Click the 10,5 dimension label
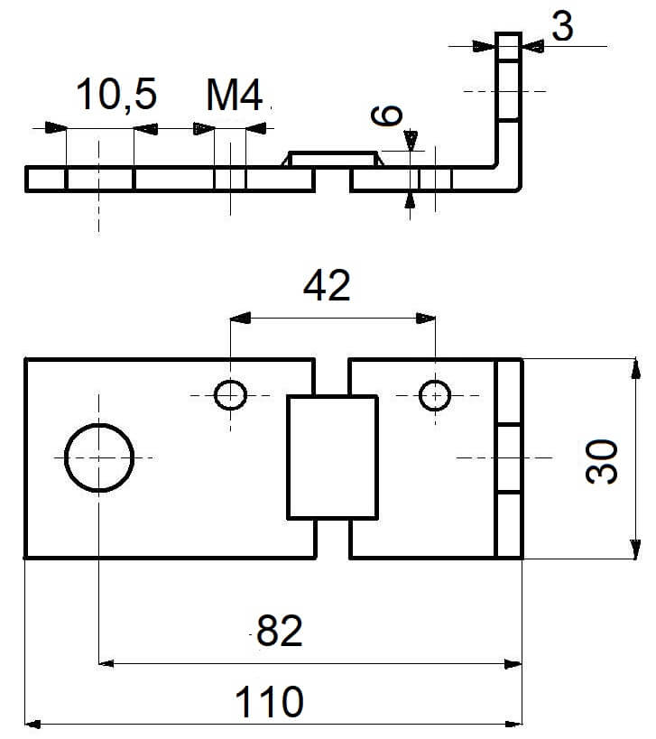click(x=116, y=96)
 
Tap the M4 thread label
click(x=235, y=96)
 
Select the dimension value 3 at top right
click(x=562, y=26)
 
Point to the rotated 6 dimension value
click(x=386, y=115)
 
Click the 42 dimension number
click(x=327, y=286)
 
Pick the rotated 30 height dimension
click(x=601, y=461)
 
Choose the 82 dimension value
click(x=280, y=631)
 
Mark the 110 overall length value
click(x=269, y=702)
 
